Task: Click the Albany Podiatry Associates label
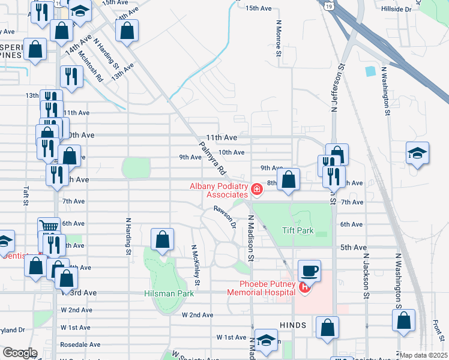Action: point(218,190)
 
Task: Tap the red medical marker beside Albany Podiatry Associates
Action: point(257,190)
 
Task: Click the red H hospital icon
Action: point(304,288)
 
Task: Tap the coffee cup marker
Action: point(309,271)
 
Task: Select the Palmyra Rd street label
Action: point(212,158)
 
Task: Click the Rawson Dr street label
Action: point(224,215)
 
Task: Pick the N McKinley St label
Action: point(195,265)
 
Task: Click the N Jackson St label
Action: point(365,274)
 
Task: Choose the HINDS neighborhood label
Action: point(293,325)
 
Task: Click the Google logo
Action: point(20,353)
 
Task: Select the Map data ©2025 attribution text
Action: point(423,355)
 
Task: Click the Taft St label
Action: point(26,196)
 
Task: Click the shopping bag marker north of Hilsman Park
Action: point(162,239)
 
